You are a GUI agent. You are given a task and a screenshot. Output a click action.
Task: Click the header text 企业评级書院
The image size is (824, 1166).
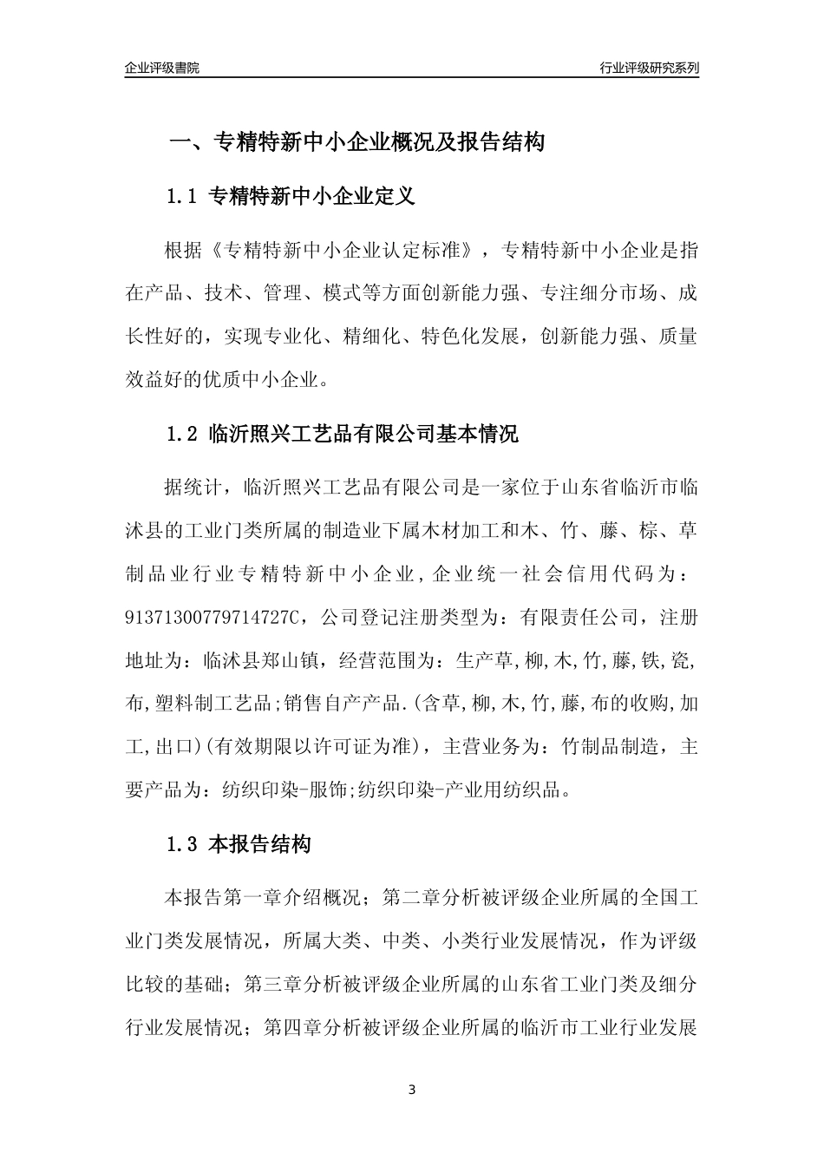click(x=162, y=68)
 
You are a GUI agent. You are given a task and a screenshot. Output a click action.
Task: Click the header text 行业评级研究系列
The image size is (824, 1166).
click(x=649, y=68)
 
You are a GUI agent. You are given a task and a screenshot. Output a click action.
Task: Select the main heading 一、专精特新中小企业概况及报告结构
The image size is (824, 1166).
click(x=356, y=142)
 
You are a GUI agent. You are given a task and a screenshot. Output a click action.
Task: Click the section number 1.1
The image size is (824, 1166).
click(x=184, y=197)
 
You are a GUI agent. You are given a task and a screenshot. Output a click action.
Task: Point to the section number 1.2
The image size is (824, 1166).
click(x=184, y=434)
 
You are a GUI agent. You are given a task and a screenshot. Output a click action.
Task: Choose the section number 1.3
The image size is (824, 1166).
click(x=184, y=844)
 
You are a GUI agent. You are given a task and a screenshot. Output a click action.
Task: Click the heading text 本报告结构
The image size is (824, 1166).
click(x=259, y=844)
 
